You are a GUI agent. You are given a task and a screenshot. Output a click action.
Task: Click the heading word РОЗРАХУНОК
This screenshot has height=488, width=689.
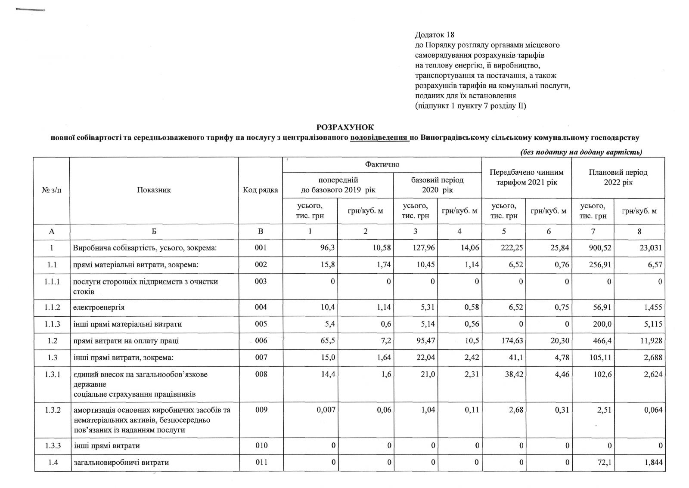(345, 127)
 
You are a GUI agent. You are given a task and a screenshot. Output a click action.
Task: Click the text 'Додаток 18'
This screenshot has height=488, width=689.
(435, 34)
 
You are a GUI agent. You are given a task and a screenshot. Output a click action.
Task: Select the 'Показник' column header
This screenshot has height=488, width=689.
(154, 190)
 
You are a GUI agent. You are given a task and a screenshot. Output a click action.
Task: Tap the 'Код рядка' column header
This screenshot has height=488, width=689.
(261, 190)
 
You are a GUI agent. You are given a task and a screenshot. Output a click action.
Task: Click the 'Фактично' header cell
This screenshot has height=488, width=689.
(382, 164)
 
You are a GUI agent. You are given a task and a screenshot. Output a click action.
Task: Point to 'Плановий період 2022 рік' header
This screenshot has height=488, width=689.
(618, 177)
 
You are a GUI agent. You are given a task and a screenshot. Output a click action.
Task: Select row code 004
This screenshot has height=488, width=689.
(261, 307)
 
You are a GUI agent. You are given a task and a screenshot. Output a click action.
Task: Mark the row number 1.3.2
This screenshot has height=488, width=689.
(52, 410)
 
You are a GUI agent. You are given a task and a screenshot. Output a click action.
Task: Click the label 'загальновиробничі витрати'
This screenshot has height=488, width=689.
(121, 463)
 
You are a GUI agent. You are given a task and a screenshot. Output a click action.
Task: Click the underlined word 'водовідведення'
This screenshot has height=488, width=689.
(379, 138)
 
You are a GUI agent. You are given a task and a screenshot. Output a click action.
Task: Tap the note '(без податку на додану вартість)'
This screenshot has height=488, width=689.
(581, 152)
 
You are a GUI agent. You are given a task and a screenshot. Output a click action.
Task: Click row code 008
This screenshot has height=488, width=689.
(261, 374)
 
